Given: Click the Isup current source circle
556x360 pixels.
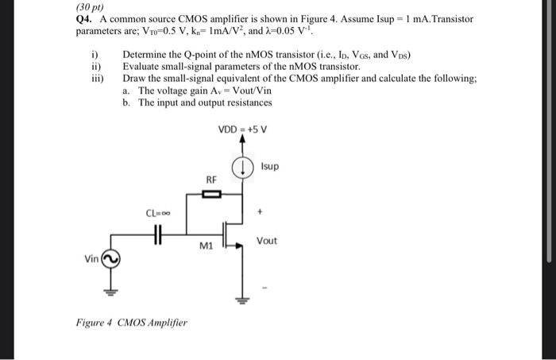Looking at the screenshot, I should (242, 168).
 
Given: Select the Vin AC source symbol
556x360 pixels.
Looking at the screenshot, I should (112, 257).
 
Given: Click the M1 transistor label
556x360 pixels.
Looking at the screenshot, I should (207, 246).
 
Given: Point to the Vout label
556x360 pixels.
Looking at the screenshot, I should (267, 241).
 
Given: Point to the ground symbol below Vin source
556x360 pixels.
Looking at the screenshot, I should (112, 292).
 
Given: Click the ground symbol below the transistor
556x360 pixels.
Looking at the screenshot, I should (242, 300).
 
